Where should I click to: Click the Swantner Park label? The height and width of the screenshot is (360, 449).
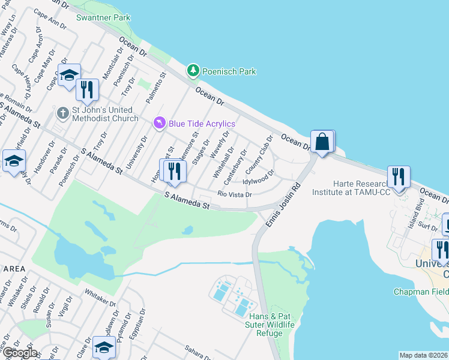[103, 17]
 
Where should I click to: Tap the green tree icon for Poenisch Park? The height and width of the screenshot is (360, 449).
[193, 71]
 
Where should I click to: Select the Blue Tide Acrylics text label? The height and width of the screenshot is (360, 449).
[202, 124]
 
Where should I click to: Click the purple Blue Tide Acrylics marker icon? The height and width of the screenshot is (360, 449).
[159, 123]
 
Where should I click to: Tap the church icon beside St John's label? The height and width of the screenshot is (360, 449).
[62, 113]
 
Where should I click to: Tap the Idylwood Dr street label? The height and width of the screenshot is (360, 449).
[258, 179]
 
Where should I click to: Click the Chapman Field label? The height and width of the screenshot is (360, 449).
[420, 292]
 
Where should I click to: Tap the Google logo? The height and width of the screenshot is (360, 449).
[19, 353]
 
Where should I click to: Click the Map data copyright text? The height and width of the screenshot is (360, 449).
[424, 355]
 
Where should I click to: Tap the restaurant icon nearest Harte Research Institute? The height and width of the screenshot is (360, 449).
[398, 177]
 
